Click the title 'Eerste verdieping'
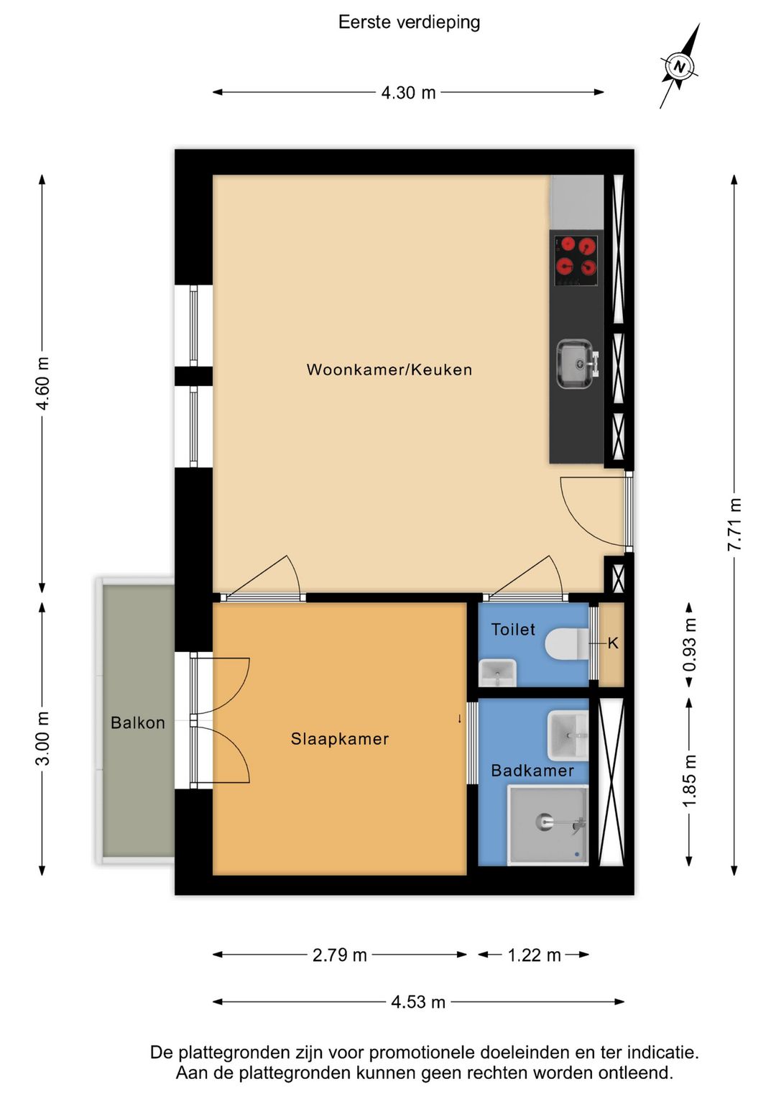click(x=410, y=23)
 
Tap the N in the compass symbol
click(x=679, y=67)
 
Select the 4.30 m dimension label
click(x=408, y=93)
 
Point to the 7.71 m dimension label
click(x=734, y=523)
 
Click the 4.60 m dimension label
click(x=42, y=383)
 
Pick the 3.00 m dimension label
click(x=42, y=738)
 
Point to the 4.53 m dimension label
click(x=418, y=1001)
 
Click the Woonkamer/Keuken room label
click(x=389, y=370)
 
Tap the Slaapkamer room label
click(x=340, y=739)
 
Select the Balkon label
click(x=137, y=723)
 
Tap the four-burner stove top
click(x=576, y=260)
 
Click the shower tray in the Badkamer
click(x=548, y=825)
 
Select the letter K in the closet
click(x=613, y=643)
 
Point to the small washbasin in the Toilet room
click(x=498, y=673)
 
